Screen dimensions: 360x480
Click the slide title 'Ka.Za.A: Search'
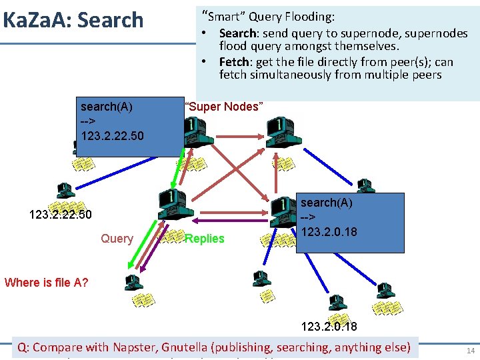point(73,20)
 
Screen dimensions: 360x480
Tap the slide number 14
point(470,350)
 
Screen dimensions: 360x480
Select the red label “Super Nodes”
point(224,107)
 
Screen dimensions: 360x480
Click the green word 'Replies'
point(205,239)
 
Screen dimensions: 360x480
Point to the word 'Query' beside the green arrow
point(117,239)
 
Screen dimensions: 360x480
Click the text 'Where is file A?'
point(46,282)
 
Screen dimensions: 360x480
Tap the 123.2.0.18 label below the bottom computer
point(329,327)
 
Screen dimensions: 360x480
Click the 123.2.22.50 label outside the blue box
point(60,215)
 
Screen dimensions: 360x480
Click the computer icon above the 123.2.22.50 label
point(65,191)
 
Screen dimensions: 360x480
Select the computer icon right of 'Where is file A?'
point(134,283)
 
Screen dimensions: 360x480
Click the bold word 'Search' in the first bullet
point(237,33)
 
